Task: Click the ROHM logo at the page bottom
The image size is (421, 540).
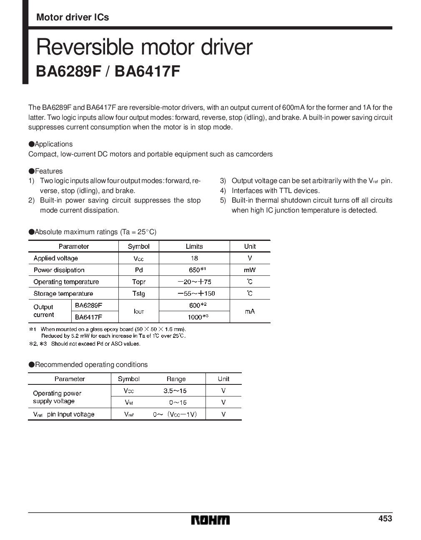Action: click(x=210, y=520)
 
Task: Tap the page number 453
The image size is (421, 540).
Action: click(x=385, y=518)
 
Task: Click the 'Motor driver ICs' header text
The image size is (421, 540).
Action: click(x=73, y=17)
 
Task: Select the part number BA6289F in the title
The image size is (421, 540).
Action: click(x=68, y=71)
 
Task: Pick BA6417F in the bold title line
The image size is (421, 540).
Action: click(x=148, y=71)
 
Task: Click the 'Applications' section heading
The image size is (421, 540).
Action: click(x=53, y=144)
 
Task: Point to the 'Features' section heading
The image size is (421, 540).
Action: click(x=48, y=171)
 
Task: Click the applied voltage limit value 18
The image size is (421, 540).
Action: click(x=194, y=258)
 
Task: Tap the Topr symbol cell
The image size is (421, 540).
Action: click(x=139, y=282)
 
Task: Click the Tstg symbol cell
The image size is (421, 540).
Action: click(x=139, y=293)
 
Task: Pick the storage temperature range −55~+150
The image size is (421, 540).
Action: click(x=194, y=293)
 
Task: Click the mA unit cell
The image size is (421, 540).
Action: click(x=250, y=311)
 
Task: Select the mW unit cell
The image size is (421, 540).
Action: click(x=250, y=270)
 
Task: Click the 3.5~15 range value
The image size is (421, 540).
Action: click(x=175, y=391)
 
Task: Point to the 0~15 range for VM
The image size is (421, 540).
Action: click(x=178, y=402)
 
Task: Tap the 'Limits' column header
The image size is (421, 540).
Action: click(x=194, y=246)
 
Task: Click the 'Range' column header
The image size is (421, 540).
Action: click(x=176, y=379)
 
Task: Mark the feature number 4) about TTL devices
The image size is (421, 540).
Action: click(x=223, y=191)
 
